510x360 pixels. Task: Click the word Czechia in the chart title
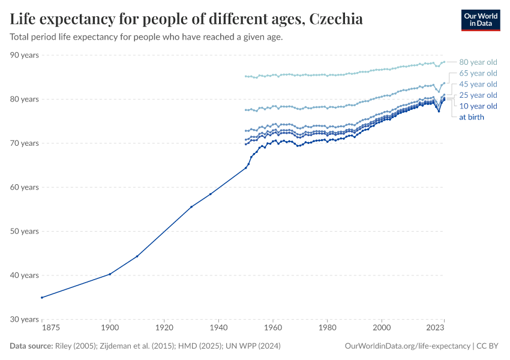[335, 19]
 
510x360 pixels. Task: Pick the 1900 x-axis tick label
[110, 328]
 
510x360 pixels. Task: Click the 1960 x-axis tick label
[273, 328]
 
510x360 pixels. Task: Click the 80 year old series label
[478, 62]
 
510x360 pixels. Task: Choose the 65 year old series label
[478, 73]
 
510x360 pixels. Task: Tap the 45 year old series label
[478, 84]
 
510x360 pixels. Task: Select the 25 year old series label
[478, 95]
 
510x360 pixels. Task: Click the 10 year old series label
[478, 106]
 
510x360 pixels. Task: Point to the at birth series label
[471, 117]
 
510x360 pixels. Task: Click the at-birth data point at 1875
[41, 298]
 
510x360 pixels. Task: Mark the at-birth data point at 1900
[110, 274]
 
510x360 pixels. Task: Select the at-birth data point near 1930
[191, 207]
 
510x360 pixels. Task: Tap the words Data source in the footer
[30, 346]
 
